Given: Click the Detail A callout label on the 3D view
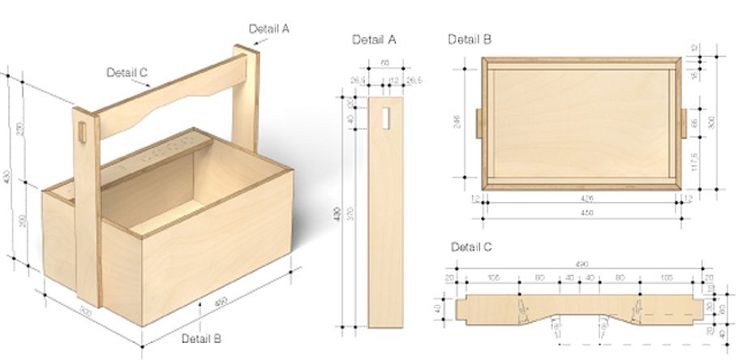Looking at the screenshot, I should click(x=269, y=28).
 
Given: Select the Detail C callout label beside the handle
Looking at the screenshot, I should click(x=127, y=72).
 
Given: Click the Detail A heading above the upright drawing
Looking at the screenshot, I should click(x=374, y=39).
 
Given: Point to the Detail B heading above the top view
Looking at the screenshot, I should click(x=470, y=38).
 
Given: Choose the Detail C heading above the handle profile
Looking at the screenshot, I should click(x=471, y=246).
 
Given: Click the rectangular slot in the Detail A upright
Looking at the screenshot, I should click(x=384, y=118).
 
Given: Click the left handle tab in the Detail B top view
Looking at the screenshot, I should click(x=478, y=124).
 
